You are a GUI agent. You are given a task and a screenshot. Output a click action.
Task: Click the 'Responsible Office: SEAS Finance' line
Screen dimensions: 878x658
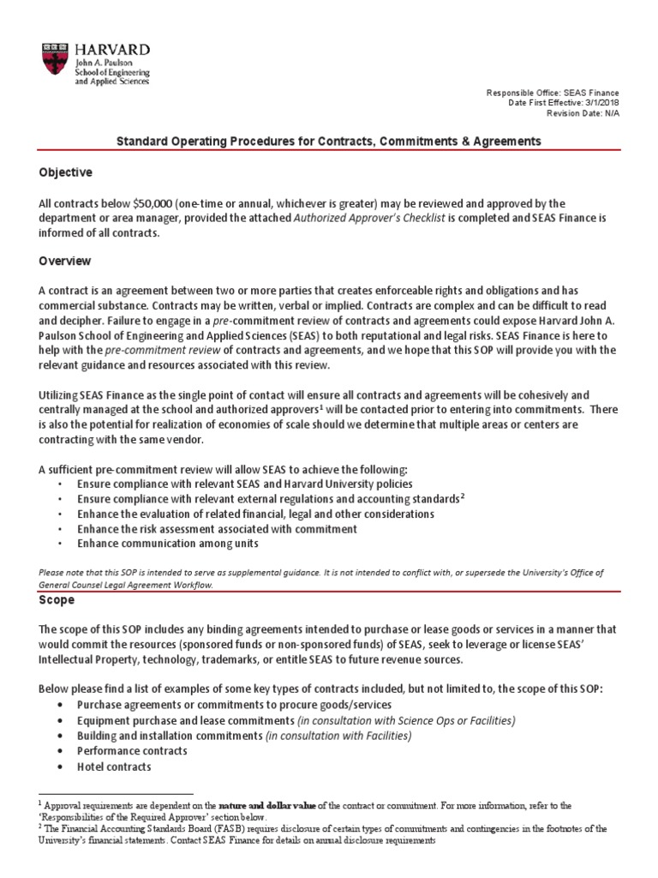tap(553, 93)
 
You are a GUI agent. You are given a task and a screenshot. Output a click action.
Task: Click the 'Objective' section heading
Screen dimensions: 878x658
tap(65, 172)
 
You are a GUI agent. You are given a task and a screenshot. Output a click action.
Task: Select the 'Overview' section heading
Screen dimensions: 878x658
tap(65, 261)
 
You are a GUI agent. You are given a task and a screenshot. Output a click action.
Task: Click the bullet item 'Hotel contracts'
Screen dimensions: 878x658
tap(114, 767)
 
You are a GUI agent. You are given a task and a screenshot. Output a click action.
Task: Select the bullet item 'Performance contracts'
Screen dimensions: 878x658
tap(132, 751)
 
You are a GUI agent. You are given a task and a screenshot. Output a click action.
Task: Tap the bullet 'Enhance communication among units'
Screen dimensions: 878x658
tap(167, 544)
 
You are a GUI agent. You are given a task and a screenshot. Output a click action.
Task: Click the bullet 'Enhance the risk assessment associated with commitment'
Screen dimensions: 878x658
tap(217, 529)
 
